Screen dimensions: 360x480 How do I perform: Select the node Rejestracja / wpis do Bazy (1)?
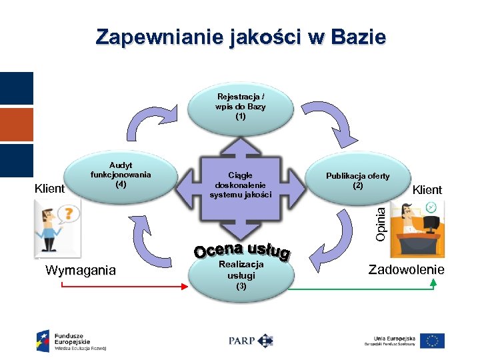[240, 107]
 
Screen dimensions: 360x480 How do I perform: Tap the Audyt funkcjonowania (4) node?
[121, 175]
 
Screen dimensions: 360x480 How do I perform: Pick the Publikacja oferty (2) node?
[358, 180]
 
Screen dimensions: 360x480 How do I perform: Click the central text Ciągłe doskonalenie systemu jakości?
[240, 185]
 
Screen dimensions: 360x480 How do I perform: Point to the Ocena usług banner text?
[241, 251]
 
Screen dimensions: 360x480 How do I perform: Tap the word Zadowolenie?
[406, 269]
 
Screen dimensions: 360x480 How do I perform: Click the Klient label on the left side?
[49, 189]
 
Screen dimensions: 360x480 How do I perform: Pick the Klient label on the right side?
[427, 190]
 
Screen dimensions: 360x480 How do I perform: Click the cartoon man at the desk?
[415, 230]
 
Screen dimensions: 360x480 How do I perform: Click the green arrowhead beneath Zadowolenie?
[433, 283]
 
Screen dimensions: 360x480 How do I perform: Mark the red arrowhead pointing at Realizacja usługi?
[186, 287]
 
